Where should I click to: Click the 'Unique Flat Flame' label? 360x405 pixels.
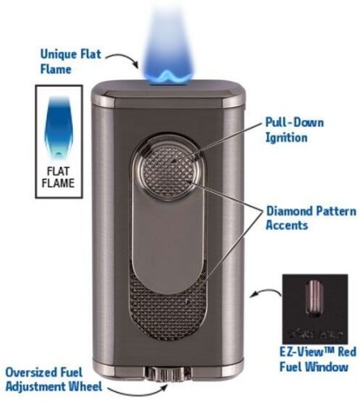pos(71,62)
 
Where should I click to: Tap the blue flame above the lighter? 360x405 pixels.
pos(168,49)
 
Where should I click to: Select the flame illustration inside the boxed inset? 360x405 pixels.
pos(58,126)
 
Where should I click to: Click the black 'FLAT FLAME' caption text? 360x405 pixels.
pos(58,177)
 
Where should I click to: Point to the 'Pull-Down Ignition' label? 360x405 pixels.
pos(294,130)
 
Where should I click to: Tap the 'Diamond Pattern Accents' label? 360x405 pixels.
pos(311,218)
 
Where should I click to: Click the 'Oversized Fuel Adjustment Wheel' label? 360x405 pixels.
pos(54,379)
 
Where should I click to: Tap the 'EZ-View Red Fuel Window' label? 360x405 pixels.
pos(318,360)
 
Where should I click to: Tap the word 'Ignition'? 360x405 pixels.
pos(286,138)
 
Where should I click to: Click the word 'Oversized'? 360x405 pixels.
pos(30,373)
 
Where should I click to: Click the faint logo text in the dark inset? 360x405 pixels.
pos(315,335)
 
